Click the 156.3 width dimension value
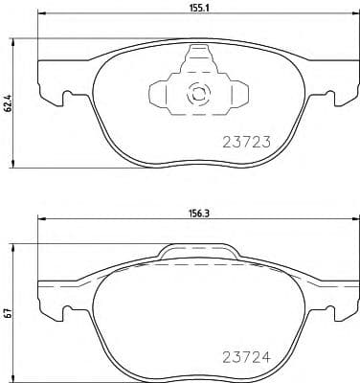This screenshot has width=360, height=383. (x=199, y=215)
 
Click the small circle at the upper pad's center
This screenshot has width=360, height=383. (x=198, y=94)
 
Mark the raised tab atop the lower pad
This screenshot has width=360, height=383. (x=197, y=252)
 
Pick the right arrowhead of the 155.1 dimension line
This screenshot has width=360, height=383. (x=353, y=22)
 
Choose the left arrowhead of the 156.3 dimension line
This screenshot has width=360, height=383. (x=40, y=224)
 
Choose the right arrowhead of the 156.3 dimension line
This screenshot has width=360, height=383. (x=353, y=224)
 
